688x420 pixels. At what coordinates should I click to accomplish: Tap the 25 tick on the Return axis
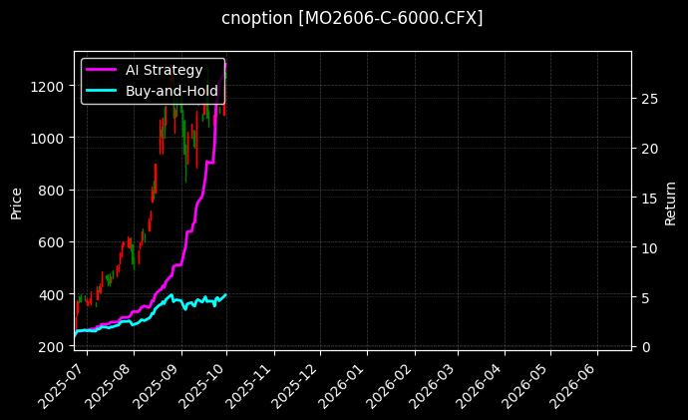[x=649, y=99]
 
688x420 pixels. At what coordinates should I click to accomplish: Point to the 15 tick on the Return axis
[x=649, y=198]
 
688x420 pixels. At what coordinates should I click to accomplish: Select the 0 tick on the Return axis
[x=645, y=346]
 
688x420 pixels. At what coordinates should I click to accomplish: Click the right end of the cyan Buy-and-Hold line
[x=226, y=294]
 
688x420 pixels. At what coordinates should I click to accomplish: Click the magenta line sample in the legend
[x=103, y=70]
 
